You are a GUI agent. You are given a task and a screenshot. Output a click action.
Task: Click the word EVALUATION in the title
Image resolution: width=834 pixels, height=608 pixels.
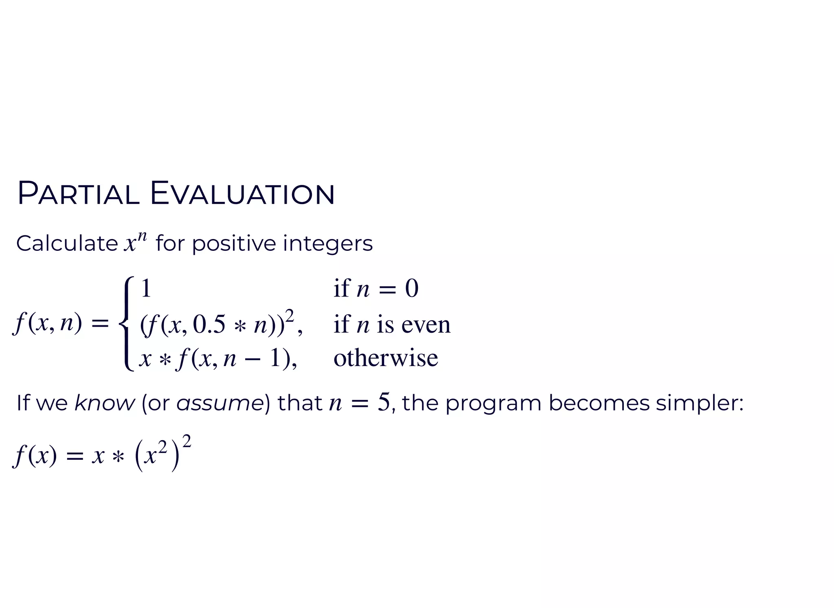(x=242, y=194)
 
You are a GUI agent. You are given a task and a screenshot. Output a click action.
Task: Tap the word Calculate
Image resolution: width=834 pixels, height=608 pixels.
(x=67, y=244)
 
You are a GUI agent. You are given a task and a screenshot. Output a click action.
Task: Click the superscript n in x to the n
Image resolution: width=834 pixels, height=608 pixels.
(x=142, y=236)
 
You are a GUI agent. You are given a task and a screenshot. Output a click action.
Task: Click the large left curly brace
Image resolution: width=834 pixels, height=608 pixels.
(x=126, y=324)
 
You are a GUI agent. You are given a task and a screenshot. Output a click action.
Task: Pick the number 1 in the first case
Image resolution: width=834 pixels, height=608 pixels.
(x=146, y=288)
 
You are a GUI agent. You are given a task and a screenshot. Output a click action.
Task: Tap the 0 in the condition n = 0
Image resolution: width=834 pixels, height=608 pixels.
(x=412, y=289)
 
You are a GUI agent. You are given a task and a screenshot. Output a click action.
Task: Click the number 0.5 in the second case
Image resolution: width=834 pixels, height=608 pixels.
(x=209, y=325)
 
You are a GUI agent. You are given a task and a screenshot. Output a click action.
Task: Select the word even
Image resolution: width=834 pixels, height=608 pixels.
(x=426, y=325)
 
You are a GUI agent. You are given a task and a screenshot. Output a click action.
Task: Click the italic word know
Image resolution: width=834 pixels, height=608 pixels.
(x=104, y=403)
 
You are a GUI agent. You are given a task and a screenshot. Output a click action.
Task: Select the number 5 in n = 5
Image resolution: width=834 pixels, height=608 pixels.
(x=384, y=402)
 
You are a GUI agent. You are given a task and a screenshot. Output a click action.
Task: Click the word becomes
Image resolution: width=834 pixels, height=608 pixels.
(x=599, y=403)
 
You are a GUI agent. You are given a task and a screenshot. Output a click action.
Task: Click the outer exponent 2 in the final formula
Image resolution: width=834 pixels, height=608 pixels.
(x=187, y=441)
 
